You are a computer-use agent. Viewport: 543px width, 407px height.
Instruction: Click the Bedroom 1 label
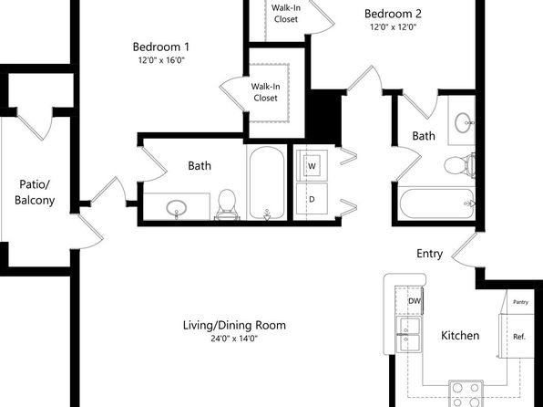161,47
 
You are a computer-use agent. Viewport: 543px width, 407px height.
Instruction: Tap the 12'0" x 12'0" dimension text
393,27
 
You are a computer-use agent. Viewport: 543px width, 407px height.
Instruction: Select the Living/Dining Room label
234,326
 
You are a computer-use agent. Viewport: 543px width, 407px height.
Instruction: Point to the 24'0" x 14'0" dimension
234,339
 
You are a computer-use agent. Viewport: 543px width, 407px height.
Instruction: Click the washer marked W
312,166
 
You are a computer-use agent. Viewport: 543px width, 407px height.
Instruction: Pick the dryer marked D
312,199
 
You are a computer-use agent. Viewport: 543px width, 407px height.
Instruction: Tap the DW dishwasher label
415,301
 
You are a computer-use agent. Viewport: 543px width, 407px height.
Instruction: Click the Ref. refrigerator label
519,337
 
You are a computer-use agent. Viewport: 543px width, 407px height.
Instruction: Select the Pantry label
520,302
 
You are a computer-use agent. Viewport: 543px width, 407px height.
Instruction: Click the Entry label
429,254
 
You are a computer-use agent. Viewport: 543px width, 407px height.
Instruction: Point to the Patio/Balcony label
35,193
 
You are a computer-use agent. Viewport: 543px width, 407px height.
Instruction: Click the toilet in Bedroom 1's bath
227,204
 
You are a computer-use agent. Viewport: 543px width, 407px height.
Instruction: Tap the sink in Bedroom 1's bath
177,209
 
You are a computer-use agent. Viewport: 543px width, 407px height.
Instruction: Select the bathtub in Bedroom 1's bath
267,183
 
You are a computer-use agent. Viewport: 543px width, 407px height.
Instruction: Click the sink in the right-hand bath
464,122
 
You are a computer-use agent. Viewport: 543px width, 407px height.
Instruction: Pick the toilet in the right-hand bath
459,165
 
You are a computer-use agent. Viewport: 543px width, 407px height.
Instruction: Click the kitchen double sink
409,334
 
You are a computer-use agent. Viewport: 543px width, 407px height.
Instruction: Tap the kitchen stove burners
466,394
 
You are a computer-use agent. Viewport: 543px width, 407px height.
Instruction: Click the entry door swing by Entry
464,251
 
